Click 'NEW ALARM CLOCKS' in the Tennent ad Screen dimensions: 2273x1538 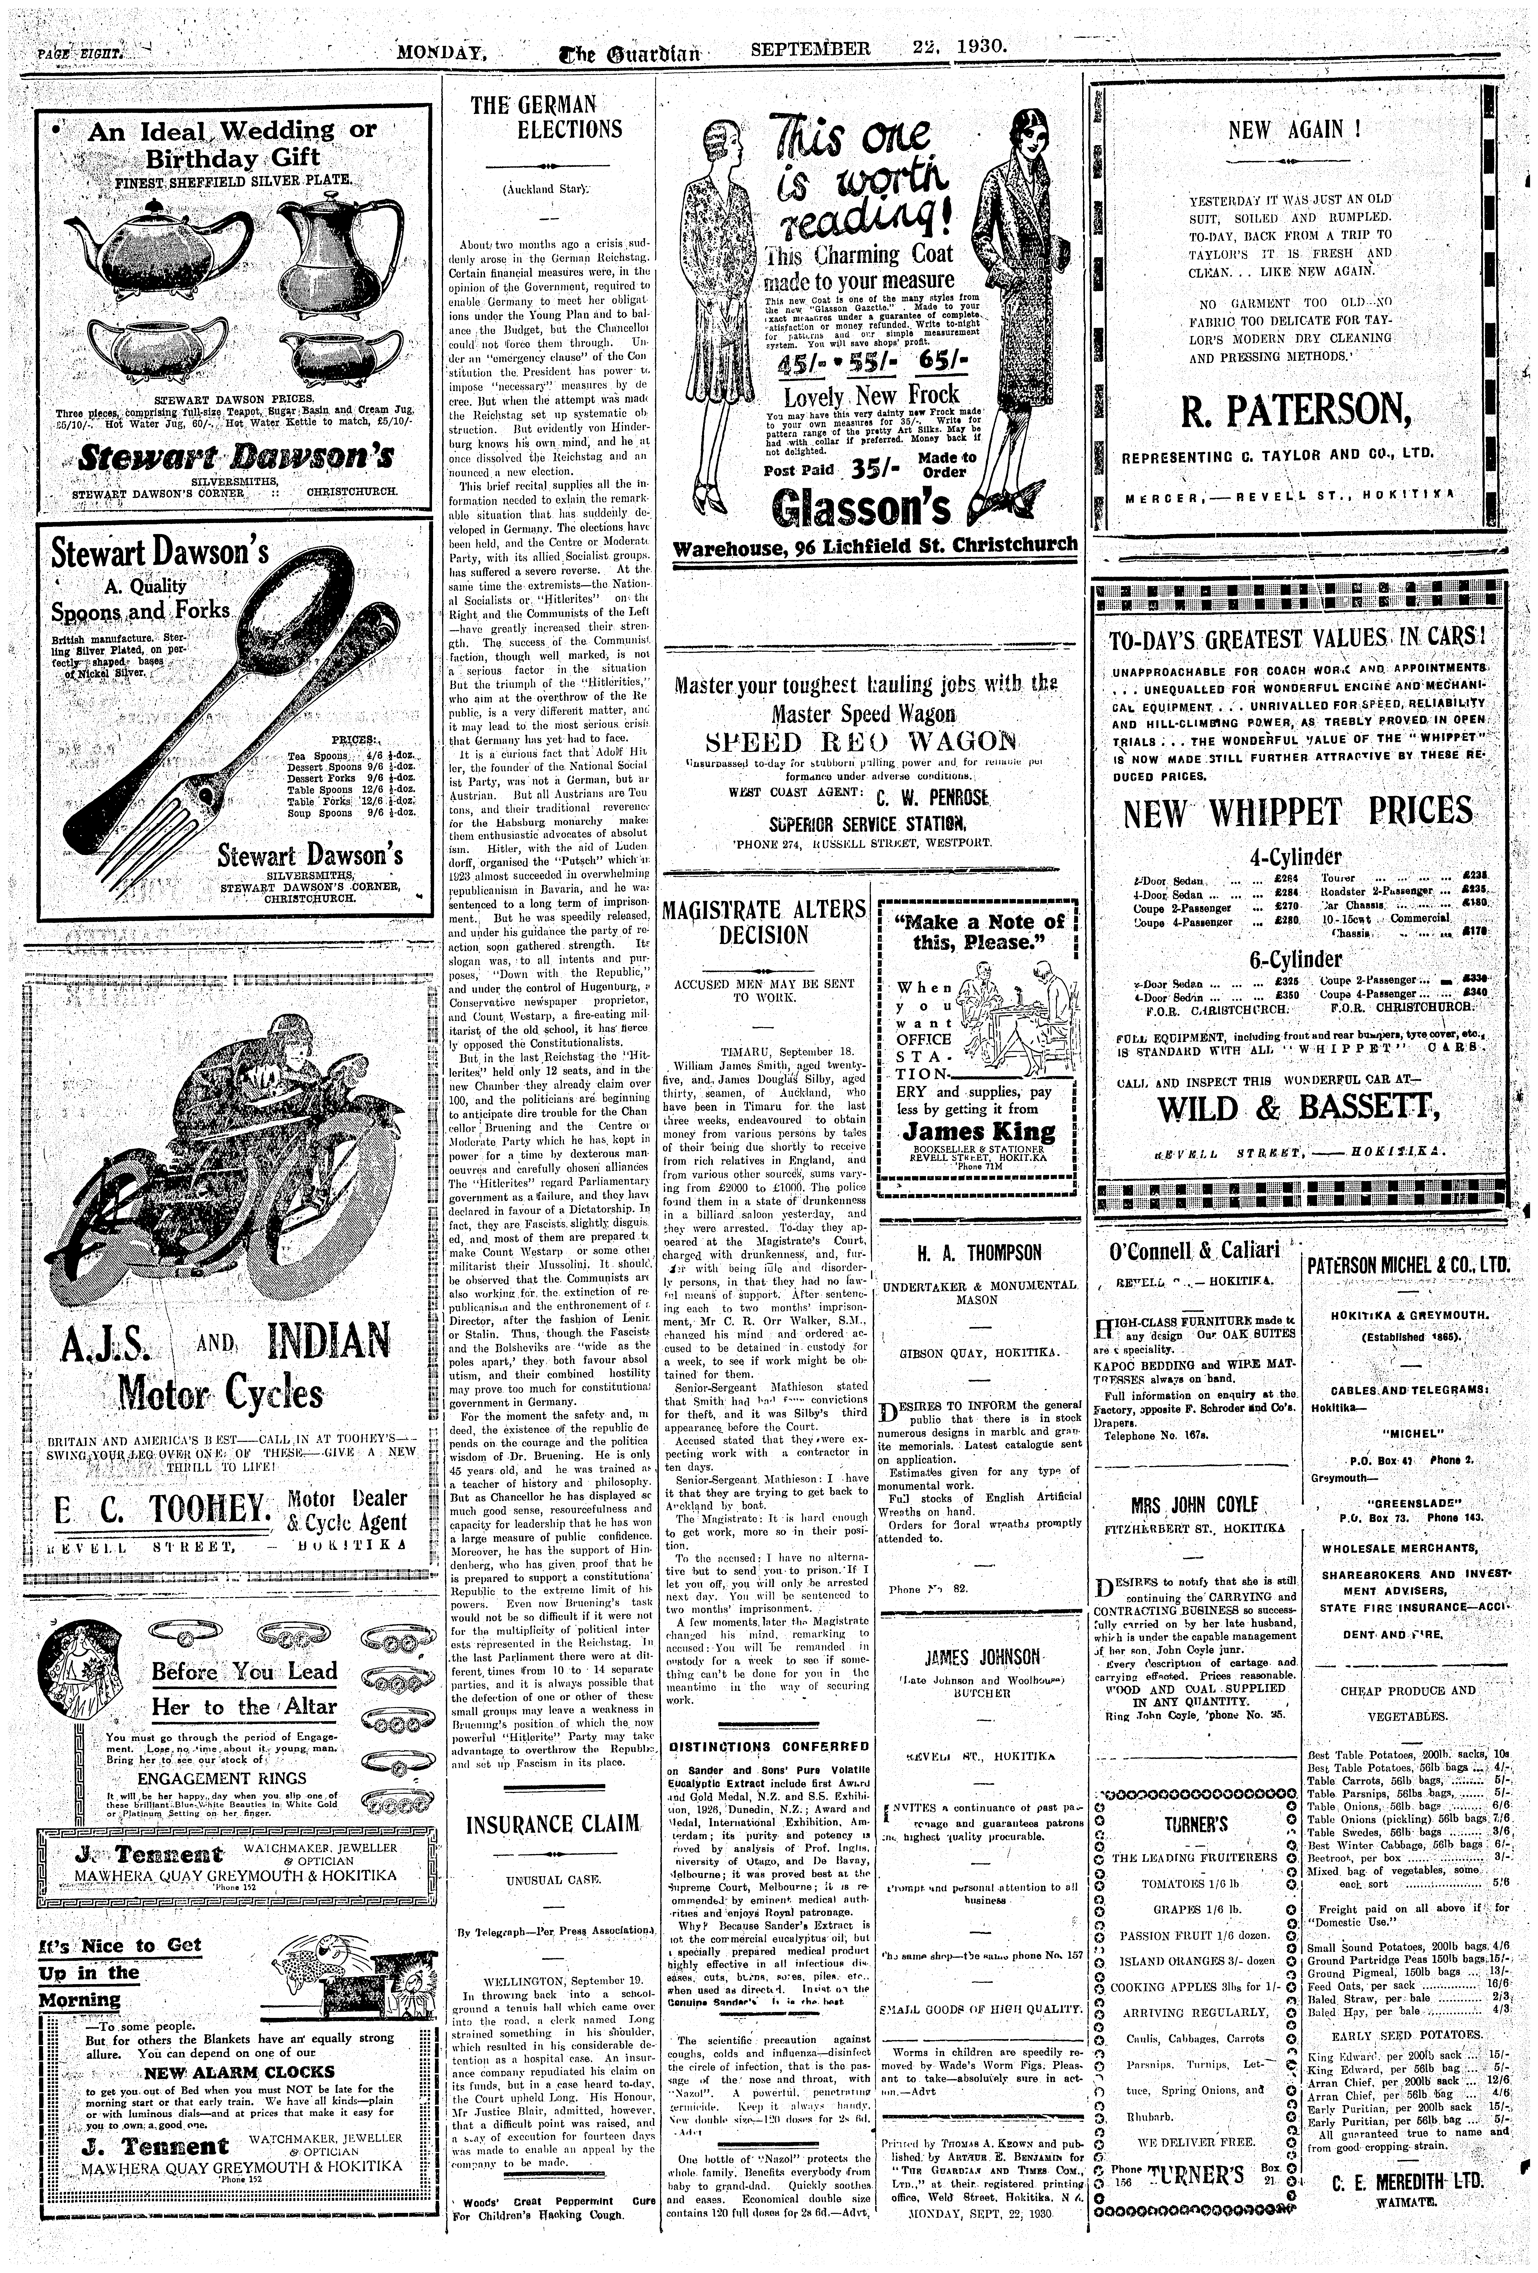(x=240, y=2072)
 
